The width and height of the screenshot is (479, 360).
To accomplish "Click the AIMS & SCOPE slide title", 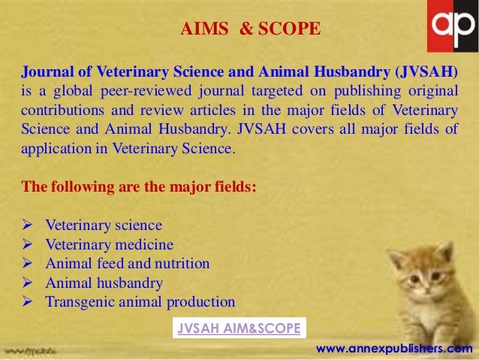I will [251, 29].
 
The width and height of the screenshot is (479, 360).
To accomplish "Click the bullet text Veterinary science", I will [104, 225].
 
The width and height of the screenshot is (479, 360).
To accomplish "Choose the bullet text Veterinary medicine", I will [110, 245].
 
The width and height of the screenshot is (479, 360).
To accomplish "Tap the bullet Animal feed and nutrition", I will [128, 264].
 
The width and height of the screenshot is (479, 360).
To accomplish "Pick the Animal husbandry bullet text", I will [104, 283].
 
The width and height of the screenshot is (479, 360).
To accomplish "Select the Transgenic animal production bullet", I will [140, 302].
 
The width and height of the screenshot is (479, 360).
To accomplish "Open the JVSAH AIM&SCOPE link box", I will [238, 328].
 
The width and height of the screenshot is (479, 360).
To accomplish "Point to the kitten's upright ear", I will [445, 253].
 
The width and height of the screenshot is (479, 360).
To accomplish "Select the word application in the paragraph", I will [53, 149].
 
